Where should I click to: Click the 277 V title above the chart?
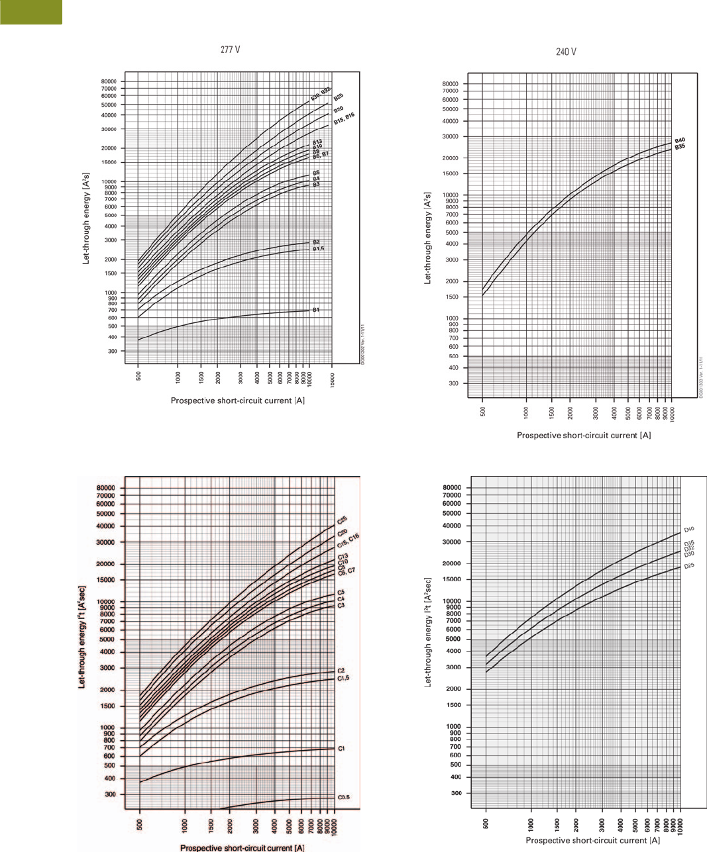click(x=231, y=50)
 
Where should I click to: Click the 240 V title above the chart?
click(x=566, y=52)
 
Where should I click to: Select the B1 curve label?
click(x=316, y=310)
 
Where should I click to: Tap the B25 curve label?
click(x=338, y=97)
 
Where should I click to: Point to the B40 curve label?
click(x=680, y=140)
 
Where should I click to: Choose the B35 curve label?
click(x=680, y=147)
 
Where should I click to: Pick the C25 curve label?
click(x=343, y=520)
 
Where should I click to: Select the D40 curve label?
click(x=689, y=530)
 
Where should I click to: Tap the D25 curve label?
click(x=689, y=566)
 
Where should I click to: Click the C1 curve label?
click(x=342, y=748)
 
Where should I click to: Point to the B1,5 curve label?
click(x=319, y=248)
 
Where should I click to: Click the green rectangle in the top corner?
click(x=31, y=12)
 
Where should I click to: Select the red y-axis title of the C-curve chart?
click(x=82, y=637)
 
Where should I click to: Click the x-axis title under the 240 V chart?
click(x=584, y=435)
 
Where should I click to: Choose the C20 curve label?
click(x=343, y=532)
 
